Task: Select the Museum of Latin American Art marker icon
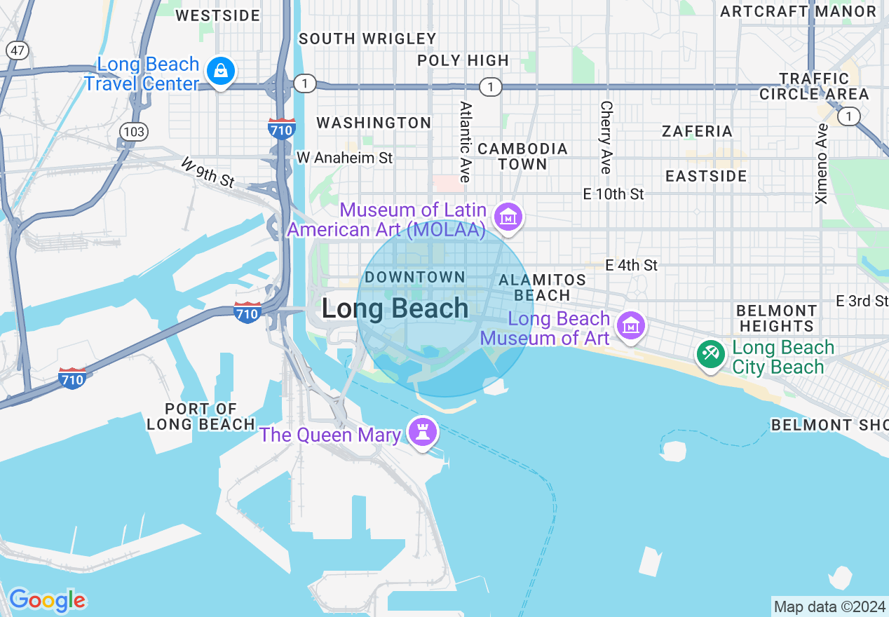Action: tap(508, 217)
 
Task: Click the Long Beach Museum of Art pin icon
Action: tap(631, 326)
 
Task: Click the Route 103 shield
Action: tap(133, 131)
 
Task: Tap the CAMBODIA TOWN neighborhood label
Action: tap(522, 156)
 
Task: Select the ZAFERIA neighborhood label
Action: tap(697, 131)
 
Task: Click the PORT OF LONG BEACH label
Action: tap(201, 416)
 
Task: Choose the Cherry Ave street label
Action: tap(606, 137)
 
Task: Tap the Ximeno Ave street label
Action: tap(822, 163)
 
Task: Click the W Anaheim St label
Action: tap(344, 158)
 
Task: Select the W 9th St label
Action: tap(208, 172)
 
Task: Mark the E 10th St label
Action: tap(613, 194)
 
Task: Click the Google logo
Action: tap(47, 600)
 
